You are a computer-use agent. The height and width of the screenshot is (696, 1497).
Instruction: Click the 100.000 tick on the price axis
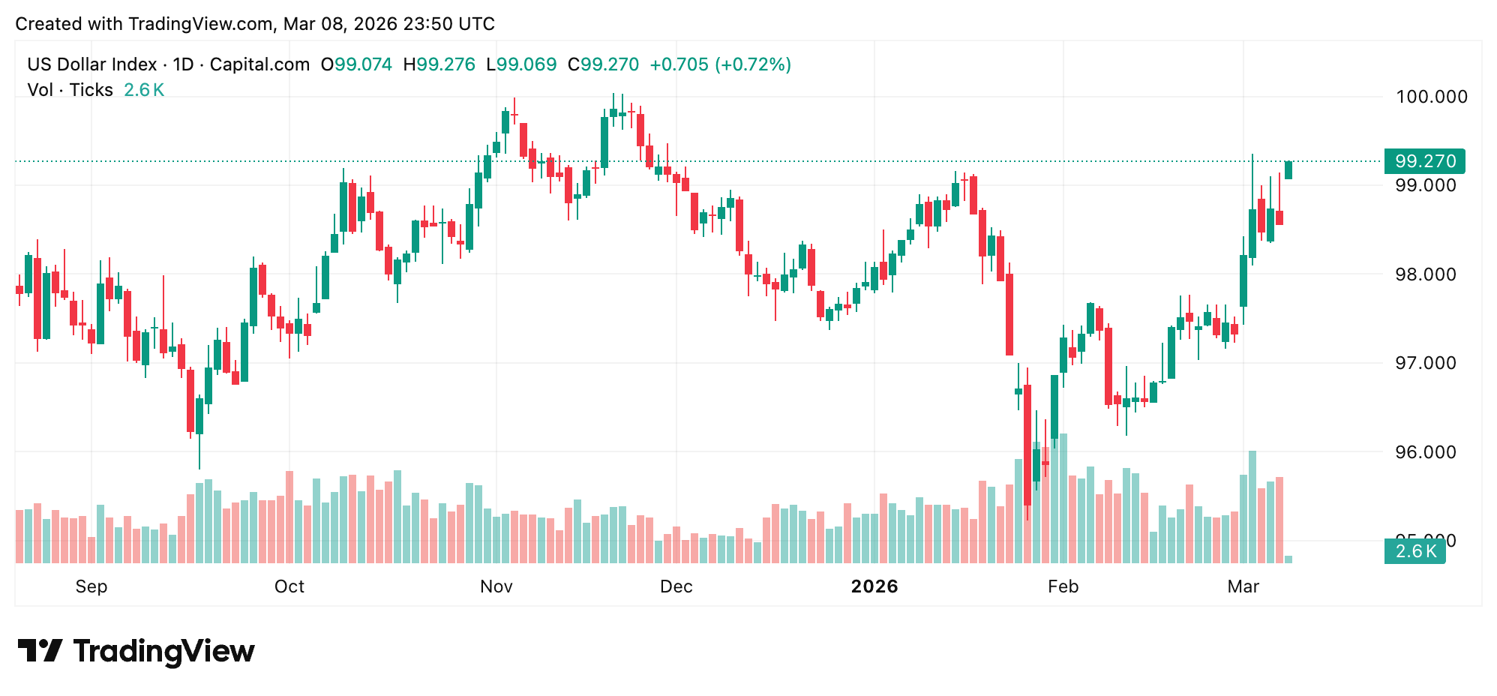click(x=1431, y=97)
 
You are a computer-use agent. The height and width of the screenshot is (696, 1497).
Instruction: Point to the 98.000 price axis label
click(x=1425, y=274)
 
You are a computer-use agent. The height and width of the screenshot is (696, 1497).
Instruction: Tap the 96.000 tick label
click(x=1425, y=452)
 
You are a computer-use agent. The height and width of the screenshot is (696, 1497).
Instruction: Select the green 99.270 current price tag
click(x=1424, y=161)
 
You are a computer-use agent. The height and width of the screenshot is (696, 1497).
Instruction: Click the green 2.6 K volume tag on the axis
click(x=1414, y=551)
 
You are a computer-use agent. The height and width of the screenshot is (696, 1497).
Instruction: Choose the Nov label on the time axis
click(x=496, y=586)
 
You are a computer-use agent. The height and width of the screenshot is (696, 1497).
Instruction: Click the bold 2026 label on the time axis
click(x=874, y=586)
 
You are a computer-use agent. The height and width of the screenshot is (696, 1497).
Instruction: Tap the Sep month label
click(x=91, y=586)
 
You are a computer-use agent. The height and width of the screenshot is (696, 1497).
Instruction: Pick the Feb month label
click(x=1063, y=586)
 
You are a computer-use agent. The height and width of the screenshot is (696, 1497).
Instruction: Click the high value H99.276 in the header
click(x=439, y=64)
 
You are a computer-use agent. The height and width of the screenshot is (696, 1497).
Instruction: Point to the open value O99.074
click(x=356, y=64)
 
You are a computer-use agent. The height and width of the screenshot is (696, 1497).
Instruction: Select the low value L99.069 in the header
click(x=521, y=64)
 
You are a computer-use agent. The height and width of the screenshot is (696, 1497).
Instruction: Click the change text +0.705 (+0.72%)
click(x=720, y=64)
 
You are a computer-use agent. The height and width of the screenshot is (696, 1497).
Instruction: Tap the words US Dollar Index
click(x=91, y=64)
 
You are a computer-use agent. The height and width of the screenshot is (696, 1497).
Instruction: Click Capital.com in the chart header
click(x=259, y=64)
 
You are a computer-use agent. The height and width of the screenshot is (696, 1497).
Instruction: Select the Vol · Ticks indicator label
click(x=70, y=90)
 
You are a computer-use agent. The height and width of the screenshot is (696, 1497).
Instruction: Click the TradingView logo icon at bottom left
click(x=40, y=650)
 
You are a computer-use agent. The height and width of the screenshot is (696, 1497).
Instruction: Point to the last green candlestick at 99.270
click(x=1288, y=170)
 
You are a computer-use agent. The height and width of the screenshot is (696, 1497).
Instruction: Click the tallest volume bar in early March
click(x=1252, y=506)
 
